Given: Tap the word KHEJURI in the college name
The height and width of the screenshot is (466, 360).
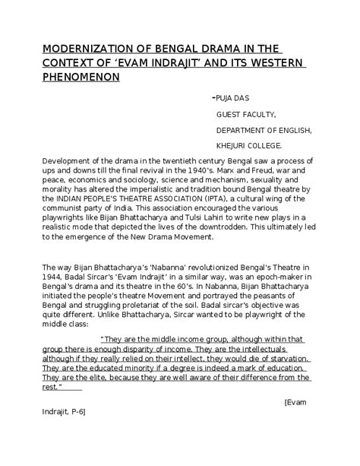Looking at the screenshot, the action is click(x=234, y=144).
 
